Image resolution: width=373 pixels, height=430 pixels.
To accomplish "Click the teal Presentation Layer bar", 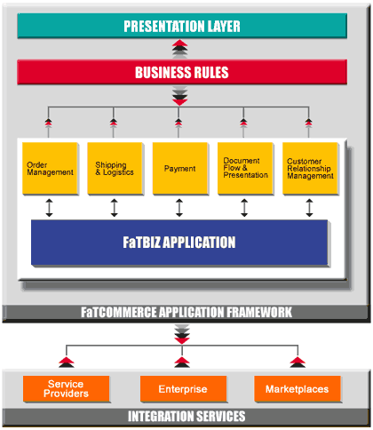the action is point(182,26).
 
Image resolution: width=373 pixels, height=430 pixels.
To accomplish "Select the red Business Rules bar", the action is point(182,72).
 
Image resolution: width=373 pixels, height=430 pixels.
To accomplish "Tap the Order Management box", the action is point(51,169).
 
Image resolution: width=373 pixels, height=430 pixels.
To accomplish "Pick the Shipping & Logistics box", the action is point(115,169).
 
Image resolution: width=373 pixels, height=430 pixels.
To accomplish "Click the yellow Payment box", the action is point(180,169).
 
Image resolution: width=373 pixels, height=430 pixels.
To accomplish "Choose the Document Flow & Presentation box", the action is point(245,169).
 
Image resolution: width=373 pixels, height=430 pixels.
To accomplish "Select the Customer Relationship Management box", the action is point(310,169).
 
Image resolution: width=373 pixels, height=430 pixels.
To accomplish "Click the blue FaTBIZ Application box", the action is point(179,243).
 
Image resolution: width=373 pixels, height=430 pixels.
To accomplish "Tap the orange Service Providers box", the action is point(67,389).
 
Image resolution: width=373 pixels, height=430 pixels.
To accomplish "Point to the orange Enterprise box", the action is point(183,389).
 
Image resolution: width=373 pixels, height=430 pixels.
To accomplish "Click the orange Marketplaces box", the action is point(298,389).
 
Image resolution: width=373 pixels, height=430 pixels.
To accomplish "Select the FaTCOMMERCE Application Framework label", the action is point(186,313).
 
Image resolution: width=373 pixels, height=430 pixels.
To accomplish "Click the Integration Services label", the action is point(186,416).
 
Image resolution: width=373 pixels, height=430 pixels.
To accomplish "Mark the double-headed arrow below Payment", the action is point(179,208).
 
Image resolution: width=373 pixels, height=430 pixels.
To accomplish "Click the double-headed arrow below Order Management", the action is point(49,208).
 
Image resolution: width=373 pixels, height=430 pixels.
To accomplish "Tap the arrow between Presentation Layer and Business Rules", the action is point(180,49).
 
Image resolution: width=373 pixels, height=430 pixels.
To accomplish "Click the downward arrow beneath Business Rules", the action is point(180,96).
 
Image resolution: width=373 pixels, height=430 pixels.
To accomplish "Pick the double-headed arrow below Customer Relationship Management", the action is point(309,208).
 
